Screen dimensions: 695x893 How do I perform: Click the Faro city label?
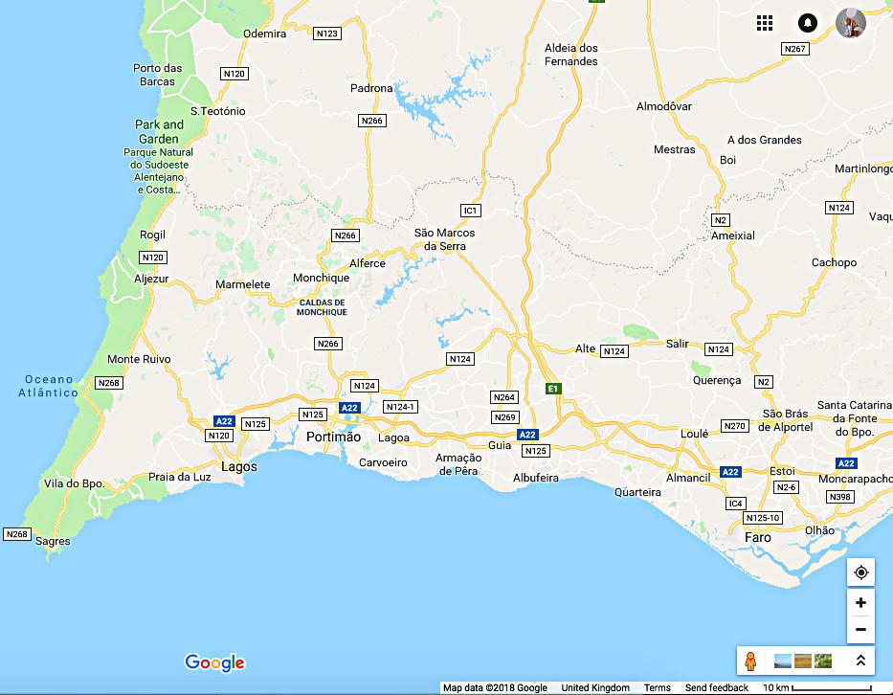tap(758, 537)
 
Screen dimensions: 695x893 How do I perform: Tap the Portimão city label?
tap(334, 437)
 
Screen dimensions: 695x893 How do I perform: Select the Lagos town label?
tap(239, 466)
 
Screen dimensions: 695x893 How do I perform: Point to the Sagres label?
tap(53, 541)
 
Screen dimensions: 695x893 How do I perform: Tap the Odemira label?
tap(265, 34)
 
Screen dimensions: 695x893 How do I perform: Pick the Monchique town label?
tap(321, 279)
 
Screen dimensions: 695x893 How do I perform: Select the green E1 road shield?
tap(552, 388)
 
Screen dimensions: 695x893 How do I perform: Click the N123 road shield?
tap(327, 34)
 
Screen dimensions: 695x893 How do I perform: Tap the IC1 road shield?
tap(470, 210)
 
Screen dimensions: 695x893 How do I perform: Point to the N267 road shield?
tap(794, 48)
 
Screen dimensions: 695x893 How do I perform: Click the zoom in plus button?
tap(860, 603)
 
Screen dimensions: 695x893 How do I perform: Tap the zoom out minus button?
tap(860, 629)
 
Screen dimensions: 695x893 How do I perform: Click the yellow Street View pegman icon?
tap(751, 661)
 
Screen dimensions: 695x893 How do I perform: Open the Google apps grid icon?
tap(765, 23)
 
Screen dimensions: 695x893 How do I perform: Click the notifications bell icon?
tap(808, 23)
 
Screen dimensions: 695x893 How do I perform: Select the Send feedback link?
tap(717, 688)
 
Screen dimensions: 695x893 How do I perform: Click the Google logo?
tap(214, 662)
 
